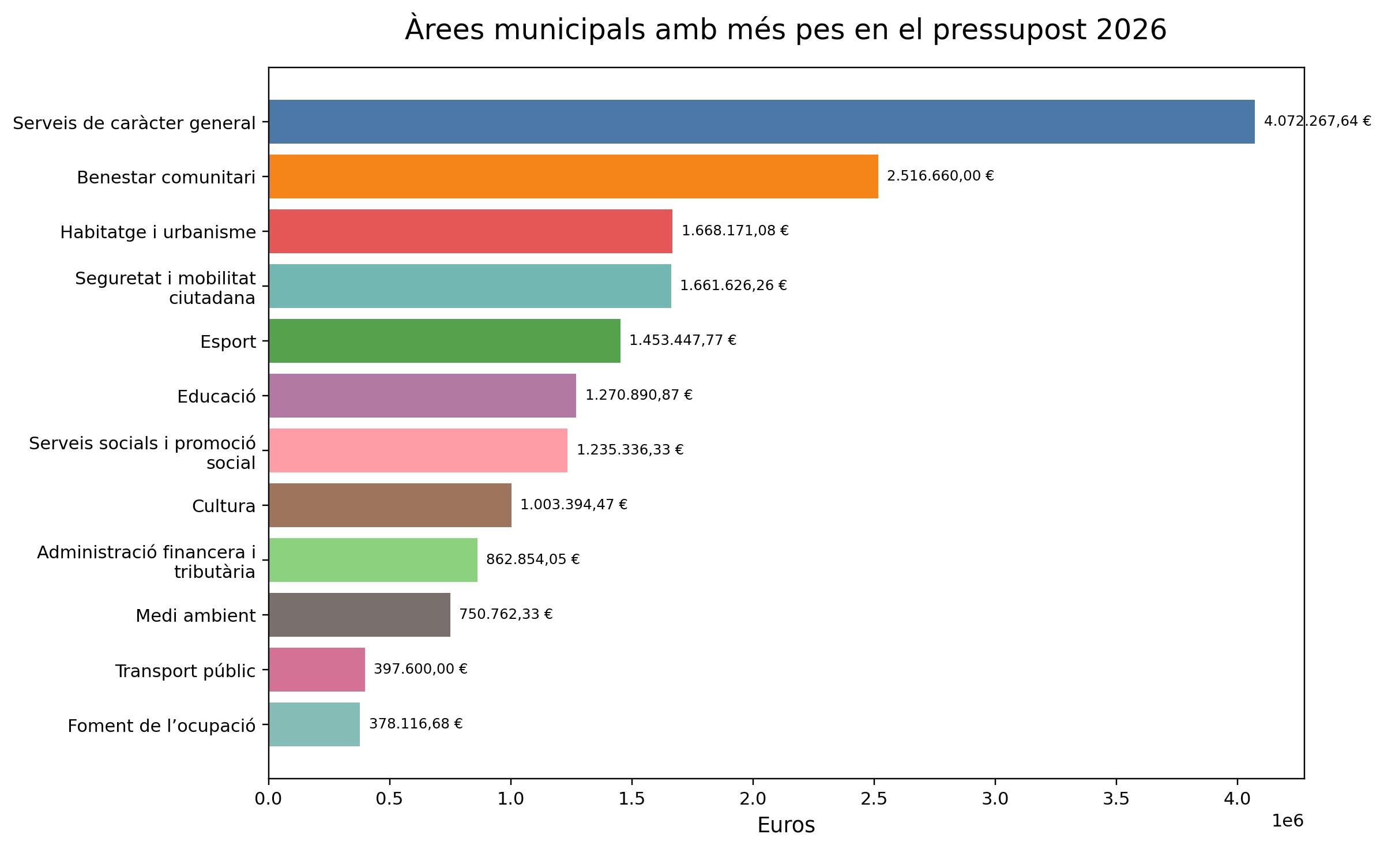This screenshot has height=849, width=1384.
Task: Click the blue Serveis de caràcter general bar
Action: [761, 122]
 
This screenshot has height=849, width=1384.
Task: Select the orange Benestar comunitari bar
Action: [573, 176]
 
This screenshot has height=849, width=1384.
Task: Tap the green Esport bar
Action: [444, 341]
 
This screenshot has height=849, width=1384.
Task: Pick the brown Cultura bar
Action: [390, 505]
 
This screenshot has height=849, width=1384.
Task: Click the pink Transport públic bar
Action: [317, 670]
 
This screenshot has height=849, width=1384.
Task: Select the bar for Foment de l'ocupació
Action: [314, 724]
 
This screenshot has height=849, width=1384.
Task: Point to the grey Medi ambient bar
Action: [359, 615]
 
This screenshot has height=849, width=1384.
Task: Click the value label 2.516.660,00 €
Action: [940, 176]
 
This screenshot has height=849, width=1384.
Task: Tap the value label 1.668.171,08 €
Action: [735, 231]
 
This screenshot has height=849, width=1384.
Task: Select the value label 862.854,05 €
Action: [533, 559]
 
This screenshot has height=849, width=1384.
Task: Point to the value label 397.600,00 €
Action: [420, 669]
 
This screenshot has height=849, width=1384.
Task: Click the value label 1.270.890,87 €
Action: [639, 395]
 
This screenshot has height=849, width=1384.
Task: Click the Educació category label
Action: [216, 397]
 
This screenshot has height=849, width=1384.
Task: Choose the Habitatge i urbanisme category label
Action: [158, 232]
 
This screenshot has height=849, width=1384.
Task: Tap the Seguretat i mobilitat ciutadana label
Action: [166, 288]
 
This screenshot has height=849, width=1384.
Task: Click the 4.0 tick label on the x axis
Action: [1237, 799]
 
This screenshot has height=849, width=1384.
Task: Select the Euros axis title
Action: [786, 825]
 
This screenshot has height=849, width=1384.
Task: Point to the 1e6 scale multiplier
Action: [1288, 821]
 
